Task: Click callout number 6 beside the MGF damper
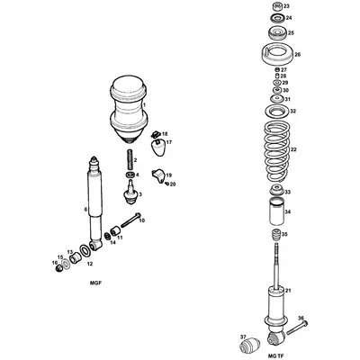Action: click(x=86, y=211)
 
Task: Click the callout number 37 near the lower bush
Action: click(x=242, y=337)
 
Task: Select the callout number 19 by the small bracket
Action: click(x=168, y=175)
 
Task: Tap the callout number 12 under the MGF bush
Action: click(x=88, y=264)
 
